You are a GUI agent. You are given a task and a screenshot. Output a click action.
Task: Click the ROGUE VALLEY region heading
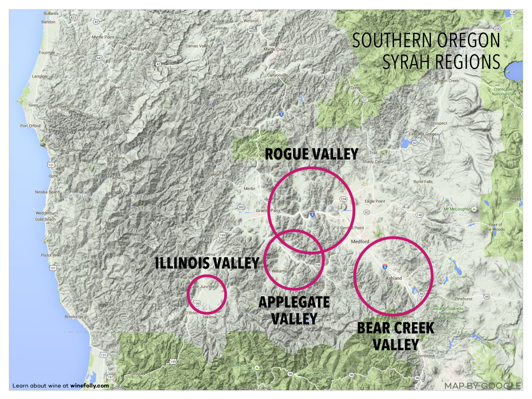pos(311,154)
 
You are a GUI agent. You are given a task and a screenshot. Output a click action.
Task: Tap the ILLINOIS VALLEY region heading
pos(207,263)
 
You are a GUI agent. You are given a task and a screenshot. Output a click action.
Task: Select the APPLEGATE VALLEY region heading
pos(294,310)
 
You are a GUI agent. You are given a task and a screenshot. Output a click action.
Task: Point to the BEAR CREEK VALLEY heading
pos(395,336)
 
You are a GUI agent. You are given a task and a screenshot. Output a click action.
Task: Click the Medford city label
pos(360,242)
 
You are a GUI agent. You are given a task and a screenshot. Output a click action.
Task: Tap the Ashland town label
pos(393,278)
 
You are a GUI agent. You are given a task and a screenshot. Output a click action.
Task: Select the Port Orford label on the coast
pos(30,126)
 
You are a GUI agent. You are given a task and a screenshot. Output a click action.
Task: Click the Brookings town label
pos(74,317)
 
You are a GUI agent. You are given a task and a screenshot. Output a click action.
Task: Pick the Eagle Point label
pos(375,201)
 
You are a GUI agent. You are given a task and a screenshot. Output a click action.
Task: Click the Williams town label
pos(279,270)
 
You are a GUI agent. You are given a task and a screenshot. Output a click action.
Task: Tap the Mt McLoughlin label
pos(458,208)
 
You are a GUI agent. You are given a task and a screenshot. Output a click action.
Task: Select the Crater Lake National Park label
pos(505,91)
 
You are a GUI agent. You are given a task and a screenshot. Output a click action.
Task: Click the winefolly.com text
pos(90,386)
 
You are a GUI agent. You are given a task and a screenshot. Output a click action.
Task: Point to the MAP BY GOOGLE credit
pos(482,386)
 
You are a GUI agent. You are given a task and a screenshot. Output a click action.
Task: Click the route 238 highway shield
pos(317,265)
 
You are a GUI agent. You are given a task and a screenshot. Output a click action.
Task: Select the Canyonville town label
pos(278,75)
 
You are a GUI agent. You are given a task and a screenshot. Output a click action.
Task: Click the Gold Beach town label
pos(46,219)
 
